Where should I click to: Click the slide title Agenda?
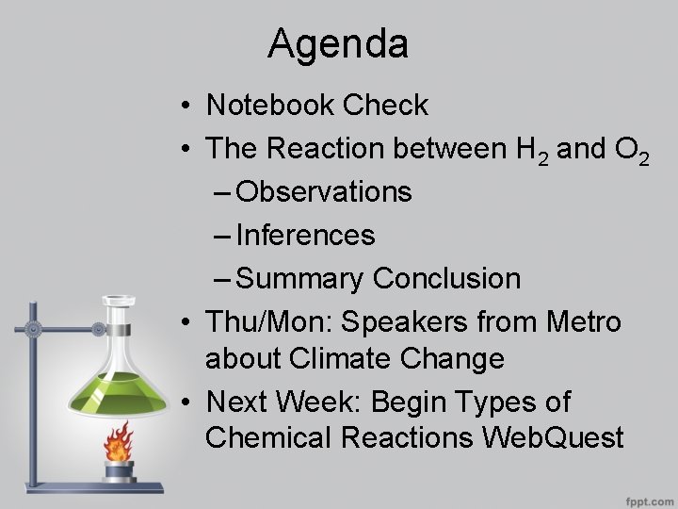pyautogui.click(x=337, y=44)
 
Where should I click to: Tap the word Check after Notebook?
pyautogui.click(x=385, y=106)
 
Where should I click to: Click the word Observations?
pyautogui.click(x=324, y=192)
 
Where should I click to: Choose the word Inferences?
pyautogui.click(x=306, y=236)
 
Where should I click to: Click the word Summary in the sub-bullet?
pyautogui.click(x=300, y=279)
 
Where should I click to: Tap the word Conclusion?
pyautogui.click(x=446, y=279)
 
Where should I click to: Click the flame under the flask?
pyautogui.click(x=119, y=439)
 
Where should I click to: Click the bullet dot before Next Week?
pyautogui.click(x=189, y=402)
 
